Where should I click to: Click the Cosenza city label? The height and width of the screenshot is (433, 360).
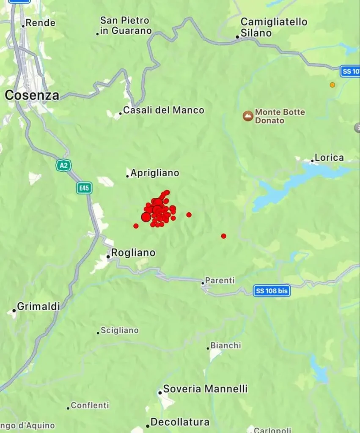(x=32, y=96)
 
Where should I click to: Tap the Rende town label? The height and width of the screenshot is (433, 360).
(x=40, y=23)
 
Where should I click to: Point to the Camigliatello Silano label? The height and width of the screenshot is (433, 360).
(x=273, y=27)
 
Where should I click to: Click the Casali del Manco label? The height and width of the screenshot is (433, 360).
(x=163, y=111)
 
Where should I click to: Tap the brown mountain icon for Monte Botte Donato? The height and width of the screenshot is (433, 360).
(x=248, y=116)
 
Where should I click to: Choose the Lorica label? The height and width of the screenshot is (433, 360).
(x=329, y=158)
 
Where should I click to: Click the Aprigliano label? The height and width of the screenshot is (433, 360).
(x=154, y=173)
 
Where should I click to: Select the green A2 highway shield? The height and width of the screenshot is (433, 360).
(x=63, y=165)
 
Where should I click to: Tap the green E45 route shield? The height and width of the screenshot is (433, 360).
(x=84, y=188)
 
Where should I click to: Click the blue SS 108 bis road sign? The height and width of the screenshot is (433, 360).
(x=272, y=291)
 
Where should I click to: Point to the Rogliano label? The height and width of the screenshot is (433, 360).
(x=133, y=253)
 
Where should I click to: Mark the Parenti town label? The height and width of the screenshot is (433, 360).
(x=220, y=281)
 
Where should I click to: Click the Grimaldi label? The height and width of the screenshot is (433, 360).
(x=38, y=307)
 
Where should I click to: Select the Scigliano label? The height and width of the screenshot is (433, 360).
(x=119, y=331)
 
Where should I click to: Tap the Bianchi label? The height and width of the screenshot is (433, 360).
(x=225, y=345)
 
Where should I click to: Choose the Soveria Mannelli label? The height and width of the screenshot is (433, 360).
(x=205, y=389)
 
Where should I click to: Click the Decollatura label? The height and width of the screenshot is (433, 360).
(x=180, y=422)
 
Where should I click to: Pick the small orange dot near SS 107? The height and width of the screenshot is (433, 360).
(x=333, y=85)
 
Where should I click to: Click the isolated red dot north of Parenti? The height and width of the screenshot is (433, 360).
(x=224, y=236)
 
